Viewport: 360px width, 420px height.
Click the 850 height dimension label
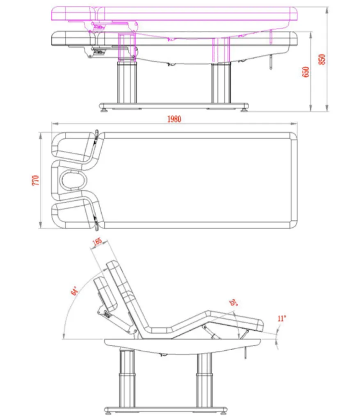(322, 59)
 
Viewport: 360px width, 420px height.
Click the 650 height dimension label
(305, 72)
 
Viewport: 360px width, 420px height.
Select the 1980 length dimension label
(174, 119)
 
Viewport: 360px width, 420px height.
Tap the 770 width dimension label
(36, 180)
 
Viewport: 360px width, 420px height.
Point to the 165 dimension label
(97, 241)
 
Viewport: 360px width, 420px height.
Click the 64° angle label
(75, 291)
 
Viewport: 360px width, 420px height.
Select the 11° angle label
(282, 318)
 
